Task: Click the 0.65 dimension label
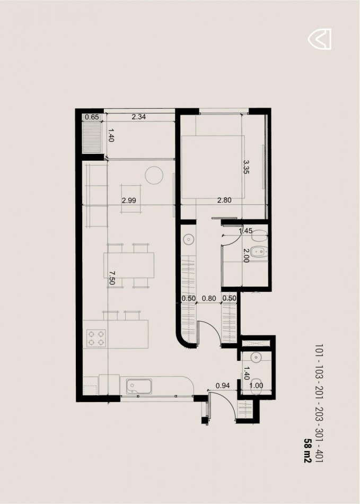(92, 117)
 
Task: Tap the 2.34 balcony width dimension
(139, 117)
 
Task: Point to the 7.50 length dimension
(112, 278)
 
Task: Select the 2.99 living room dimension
(129, 201)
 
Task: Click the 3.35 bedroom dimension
(247, 167)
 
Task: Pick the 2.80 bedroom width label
(224, 200)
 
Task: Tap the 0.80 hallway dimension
(209, 298)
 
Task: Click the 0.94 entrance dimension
(223, 386)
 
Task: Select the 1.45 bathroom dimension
(245, 230)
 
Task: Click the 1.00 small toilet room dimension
(256, 386)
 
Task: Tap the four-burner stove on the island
(96, 338)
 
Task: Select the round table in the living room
(154, 176)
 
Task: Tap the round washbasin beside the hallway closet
(188, 239)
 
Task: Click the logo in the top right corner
(319, 39)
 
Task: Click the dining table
(129, 265)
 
